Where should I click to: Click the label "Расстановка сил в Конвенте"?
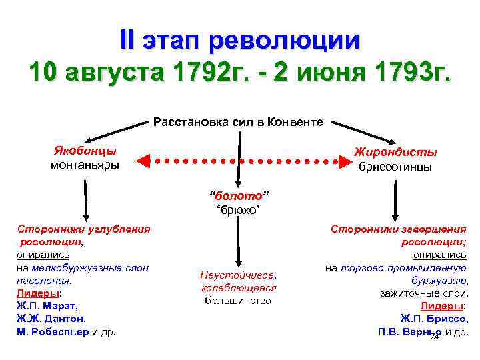pos(238,122)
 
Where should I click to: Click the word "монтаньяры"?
pos(85,164)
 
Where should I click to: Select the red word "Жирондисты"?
pos(395,152)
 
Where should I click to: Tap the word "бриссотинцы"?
pos(395,167)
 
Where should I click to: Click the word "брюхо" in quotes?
pos(238,210)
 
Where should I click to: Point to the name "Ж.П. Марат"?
pos(47,306)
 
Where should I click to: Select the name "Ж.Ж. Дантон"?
pos(51,319)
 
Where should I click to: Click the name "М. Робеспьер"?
pos(52,331)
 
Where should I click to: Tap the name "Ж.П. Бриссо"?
pos(433,319)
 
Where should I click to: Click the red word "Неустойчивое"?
pos(238,275)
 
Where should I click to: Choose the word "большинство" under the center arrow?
pos(238,300)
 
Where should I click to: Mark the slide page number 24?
pos(434,337)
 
